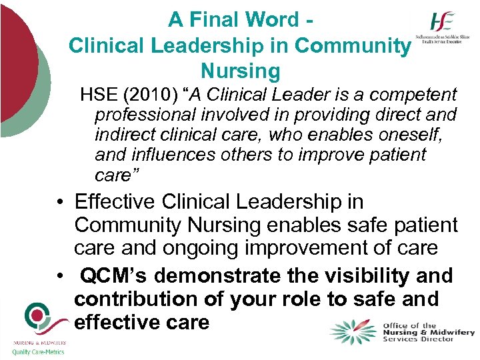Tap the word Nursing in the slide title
tap(240, 70)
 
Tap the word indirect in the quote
tap(125, 135)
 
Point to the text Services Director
tap(419, 339)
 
